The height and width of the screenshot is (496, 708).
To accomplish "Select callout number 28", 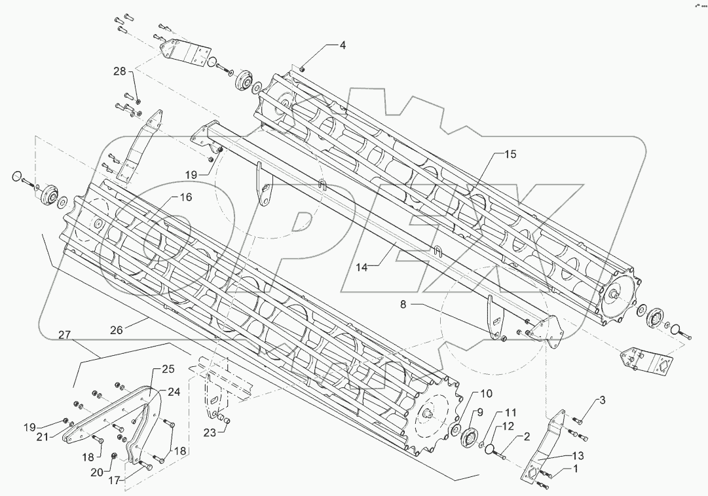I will tap(119, 71).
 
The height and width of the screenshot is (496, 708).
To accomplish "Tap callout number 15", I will tap(510, 155).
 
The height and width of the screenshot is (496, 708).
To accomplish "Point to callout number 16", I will tap(185, 197).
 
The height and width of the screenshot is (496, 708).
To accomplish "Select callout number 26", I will tap(116, 330).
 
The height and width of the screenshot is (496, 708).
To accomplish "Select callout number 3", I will tap(601, 400).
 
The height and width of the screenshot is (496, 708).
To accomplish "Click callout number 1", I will tap(575, 469).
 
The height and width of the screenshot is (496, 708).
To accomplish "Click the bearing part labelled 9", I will tap(470, 438).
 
